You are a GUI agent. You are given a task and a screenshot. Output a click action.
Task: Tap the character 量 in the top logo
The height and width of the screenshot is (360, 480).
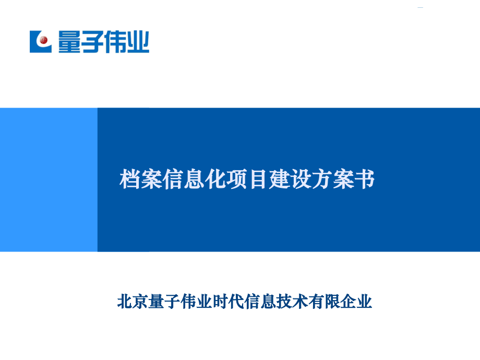[x=69, y=42]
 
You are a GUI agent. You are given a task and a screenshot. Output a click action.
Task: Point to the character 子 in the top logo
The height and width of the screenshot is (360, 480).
[x=91, y=42]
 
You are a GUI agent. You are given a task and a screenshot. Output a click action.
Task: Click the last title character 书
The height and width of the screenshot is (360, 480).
[x=367, y=180]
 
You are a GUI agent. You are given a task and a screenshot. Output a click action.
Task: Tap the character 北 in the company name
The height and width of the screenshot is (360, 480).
[x=125, y=302]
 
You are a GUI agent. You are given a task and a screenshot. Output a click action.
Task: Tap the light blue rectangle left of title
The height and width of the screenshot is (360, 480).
[x=49, y=179]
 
